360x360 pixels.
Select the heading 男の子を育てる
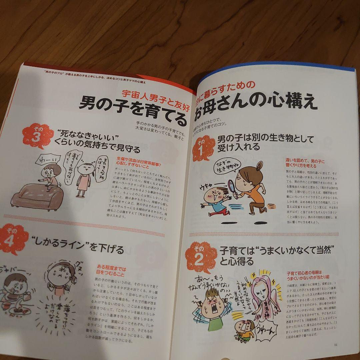[x=133, y=107]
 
